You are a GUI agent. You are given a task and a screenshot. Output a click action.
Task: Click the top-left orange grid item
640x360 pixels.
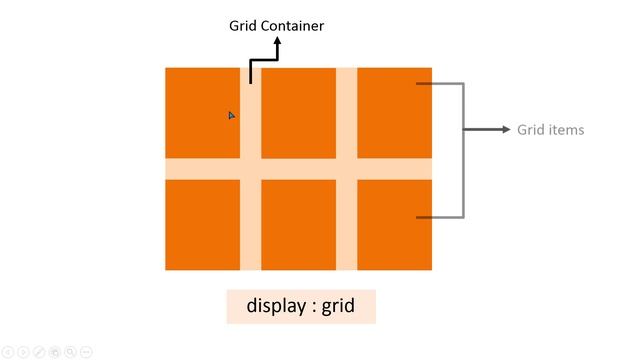click(202, 112)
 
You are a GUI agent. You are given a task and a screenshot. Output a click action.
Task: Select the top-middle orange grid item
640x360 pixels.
click(298, 112)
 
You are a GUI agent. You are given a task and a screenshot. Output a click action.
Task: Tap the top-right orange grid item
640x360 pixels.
click(394, 112)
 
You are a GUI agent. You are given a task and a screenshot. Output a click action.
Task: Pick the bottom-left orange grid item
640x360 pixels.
click(202, 224)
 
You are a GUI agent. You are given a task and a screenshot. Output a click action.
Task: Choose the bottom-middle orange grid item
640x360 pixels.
click(298, 224)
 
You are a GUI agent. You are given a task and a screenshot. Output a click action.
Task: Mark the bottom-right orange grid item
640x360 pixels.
click(394, 224)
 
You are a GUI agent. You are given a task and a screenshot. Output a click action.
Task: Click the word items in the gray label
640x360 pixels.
click(565, 130)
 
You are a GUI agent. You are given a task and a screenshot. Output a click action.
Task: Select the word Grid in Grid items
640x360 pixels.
click(530, 130)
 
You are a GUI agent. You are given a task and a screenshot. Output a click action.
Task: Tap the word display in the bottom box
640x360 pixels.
click(276, 305)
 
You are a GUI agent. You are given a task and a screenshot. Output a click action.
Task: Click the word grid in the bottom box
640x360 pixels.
click(338, 305)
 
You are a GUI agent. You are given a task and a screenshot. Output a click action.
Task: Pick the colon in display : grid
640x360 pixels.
click(313, 306)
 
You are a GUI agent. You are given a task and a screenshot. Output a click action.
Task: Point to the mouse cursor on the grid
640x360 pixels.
click(231, 116)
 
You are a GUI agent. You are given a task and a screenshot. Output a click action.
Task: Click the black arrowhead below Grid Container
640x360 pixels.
click(278, 44)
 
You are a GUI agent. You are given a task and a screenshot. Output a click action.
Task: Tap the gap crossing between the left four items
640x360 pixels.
click(250, 168)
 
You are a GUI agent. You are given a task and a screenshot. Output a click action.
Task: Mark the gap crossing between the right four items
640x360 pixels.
click(346, 168)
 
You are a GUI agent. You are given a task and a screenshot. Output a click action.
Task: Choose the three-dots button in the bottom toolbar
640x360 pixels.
click(86, 352)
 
